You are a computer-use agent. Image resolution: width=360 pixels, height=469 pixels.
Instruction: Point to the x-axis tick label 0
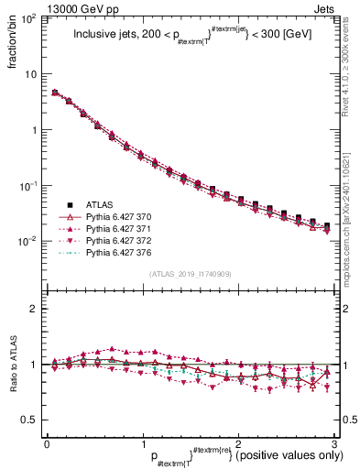(47, 443)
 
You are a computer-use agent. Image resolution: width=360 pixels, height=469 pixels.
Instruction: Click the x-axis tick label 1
(142, 443)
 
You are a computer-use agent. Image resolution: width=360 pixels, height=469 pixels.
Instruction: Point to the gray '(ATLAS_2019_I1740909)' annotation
(191, 275)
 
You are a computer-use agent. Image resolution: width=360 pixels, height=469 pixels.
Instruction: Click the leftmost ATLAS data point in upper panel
(55, 93)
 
